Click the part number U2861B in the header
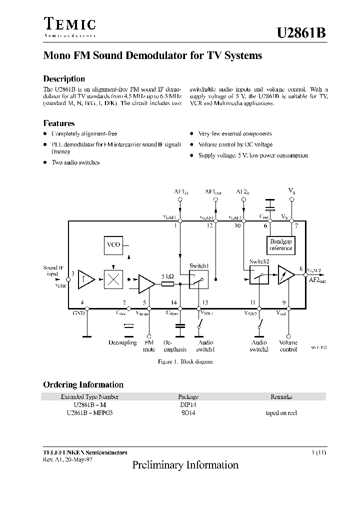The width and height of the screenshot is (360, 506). click(x=301, y=33)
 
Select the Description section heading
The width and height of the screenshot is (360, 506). click(x=64, y=78)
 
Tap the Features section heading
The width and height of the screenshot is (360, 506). click(x=59, y=123)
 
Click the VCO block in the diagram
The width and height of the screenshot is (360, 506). click(x=113, y=245)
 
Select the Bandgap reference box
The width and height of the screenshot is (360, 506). click(x=280, y=245)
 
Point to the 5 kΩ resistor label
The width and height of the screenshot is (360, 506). click(x=167, y=276)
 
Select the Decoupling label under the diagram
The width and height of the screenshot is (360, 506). click(x=122, y=343)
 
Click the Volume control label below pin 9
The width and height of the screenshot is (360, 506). click(x=288, y=346)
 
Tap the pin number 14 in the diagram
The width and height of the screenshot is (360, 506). click(x=173, y=302)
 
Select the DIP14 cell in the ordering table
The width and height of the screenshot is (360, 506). click(x=188, y=405)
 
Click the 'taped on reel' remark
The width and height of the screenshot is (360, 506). click(x=281, y=413)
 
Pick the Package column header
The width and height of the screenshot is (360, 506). click(x=188, y=396)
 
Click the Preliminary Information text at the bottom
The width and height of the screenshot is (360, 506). click(x=185, y=465)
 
